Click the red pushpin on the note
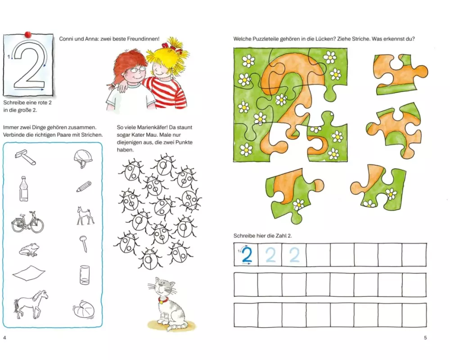28,35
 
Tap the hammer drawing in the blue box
26,157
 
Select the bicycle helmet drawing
83,158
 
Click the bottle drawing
24,189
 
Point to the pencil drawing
84,187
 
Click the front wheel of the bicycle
37,225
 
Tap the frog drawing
29,249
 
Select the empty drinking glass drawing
85,275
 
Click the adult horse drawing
31,304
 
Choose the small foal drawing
85,216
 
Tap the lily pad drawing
83,309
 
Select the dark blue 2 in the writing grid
247,255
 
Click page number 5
425,337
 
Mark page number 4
4,337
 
